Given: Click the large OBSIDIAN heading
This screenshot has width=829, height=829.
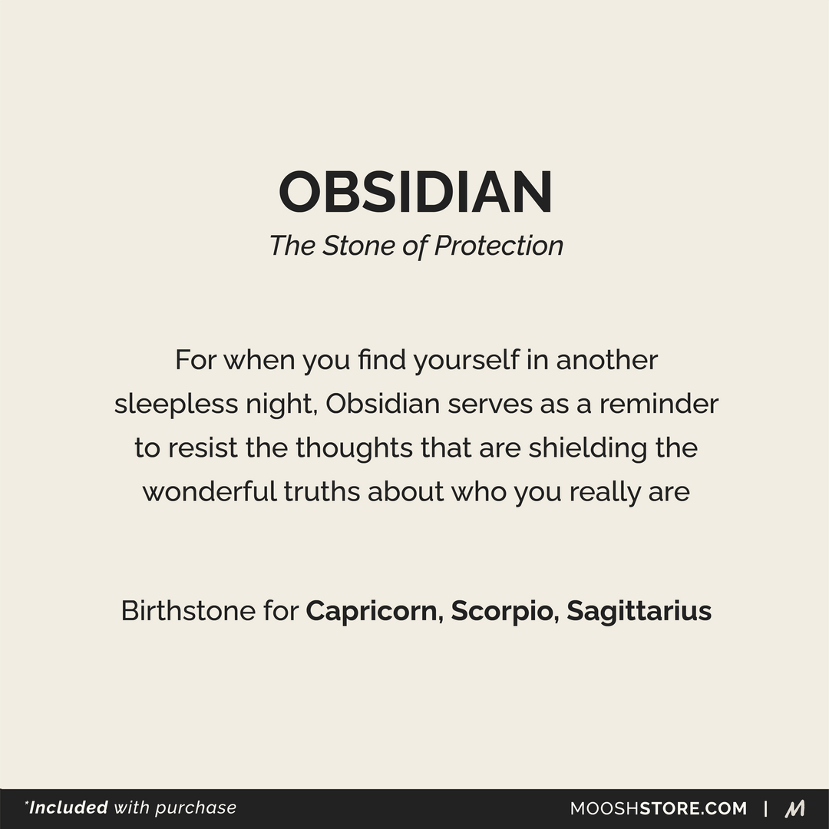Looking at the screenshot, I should tap(415, 192).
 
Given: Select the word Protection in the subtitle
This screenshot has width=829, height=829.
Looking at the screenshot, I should tap(499, 246).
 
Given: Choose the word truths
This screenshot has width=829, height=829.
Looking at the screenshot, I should tap(322, 492).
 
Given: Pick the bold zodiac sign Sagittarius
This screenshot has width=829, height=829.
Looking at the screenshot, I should tap(639, 612).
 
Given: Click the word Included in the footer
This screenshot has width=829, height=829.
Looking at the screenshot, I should tap(68, 808).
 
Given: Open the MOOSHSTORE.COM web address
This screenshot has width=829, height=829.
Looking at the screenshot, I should tap(658, 808).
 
